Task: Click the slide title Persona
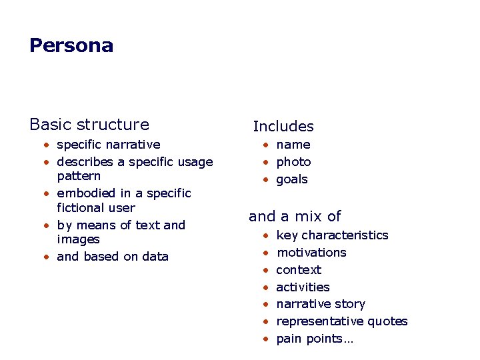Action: tap(71, 45)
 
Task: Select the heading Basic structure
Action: tap(89, 124)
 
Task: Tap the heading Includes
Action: tap(283, 126)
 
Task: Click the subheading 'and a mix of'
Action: tap(295, 216)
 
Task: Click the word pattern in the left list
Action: tap(79, 176)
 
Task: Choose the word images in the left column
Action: tap(78, 239)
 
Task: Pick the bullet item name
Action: tap(293, 144)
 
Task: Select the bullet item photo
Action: tap(293, 162)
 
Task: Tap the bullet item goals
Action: tap(292, 179)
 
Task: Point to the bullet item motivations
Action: tap(311, 253)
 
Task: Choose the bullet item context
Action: tap(299, 270)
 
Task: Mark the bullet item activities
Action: tap(303, 287)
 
